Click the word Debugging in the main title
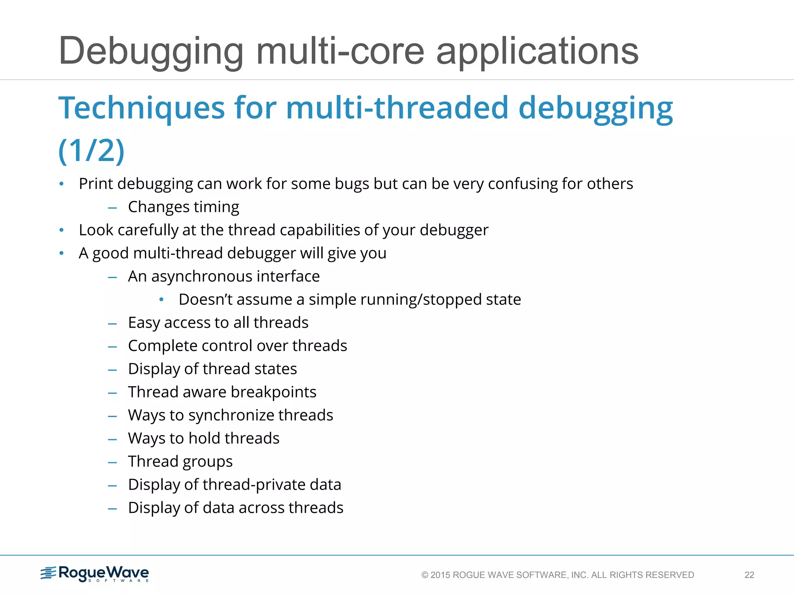[x=151, y=51]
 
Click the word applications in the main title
[x=537, y=51]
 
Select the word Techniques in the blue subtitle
[x=142, y=108]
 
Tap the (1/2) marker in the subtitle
[x=91, y=151]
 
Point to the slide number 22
[x=749, y=575]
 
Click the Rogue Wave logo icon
[x=49, y=573]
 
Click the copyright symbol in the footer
[x=425, y=575]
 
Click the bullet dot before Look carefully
[x=62, y=230]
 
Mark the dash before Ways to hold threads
[x=112, y=439]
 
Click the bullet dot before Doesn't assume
[x=162, y=299]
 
